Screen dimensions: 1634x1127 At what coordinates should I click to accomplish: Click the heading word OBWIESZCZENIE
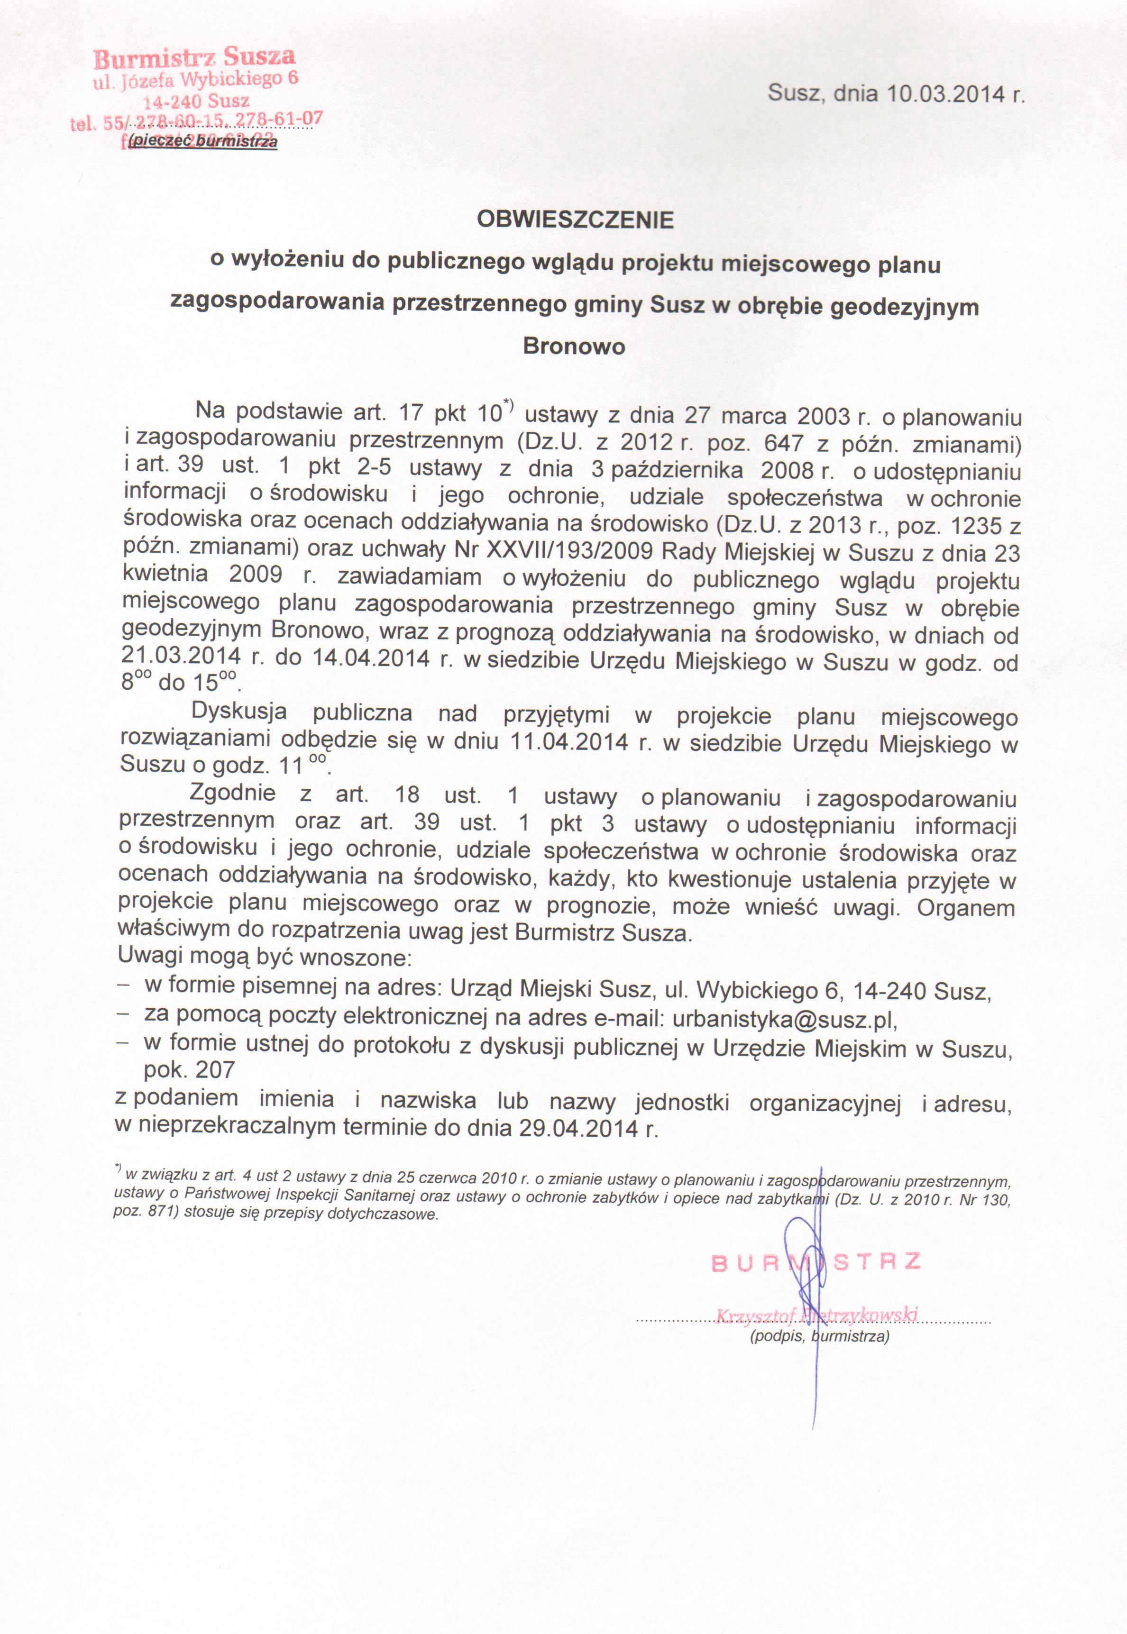(x=576, y=221)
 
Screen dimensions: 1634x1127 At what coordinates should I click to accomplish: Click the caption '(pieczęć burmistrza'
(x=201, y=142)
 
